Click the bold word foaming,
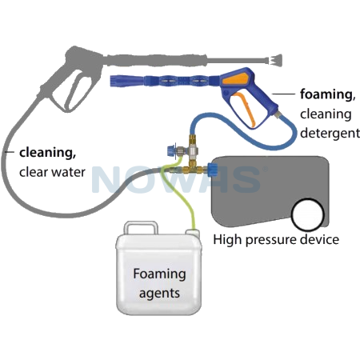pyautogui.click(x=328, y=94)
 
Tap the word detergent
pyautogui.click(x=330, y=133)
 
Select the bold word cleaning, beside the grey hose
pyautogui.click(x=48, y=153)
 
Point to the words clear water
pyautogui.click(x=52, y=172)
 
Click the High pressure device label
pyautogui.click(x=276, y=239)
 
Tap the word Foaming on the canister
pyautogui.click(x=159, y=274)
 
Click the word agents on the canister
pyautogui.click(x=159, y=294)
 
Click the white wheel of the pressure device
pyautogui.click(x=308, y=214)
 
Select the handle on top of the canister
pyautogui.click(x=141, y=226)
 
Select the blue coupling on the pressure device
pyautogui.click(x=212, y=170)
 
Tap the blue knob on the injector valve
pyautogui.click(x=170, y=150)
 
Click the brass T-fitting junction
pyautogui.click(x=193, y=169)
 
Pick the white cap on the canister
pyautogui.click(x=193, y=232)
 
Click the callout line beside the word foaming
pyautogui.click(x=283, y=94)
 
